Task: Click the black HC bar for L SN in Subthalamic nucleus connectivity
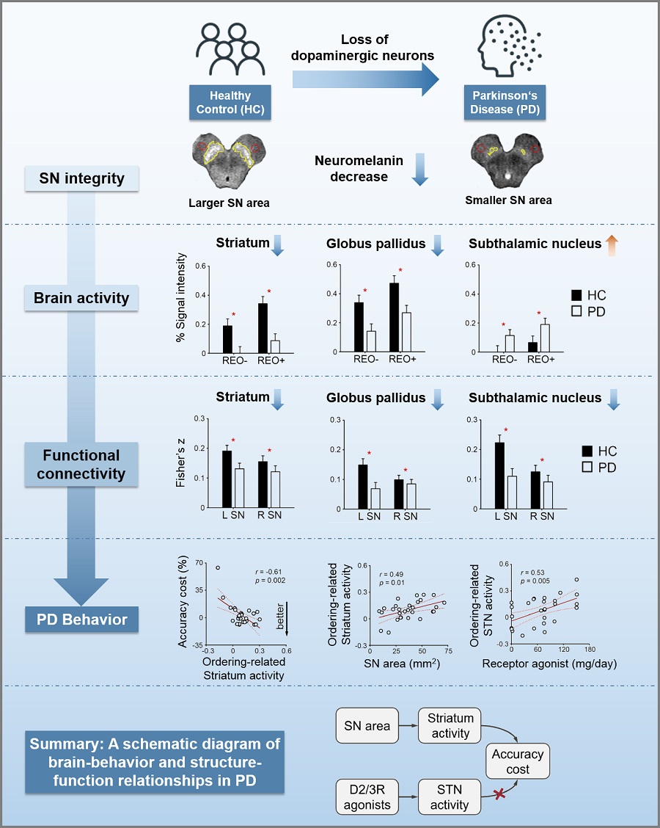(500, 475)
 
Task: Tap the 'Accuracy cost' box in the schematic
(518, 762)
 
